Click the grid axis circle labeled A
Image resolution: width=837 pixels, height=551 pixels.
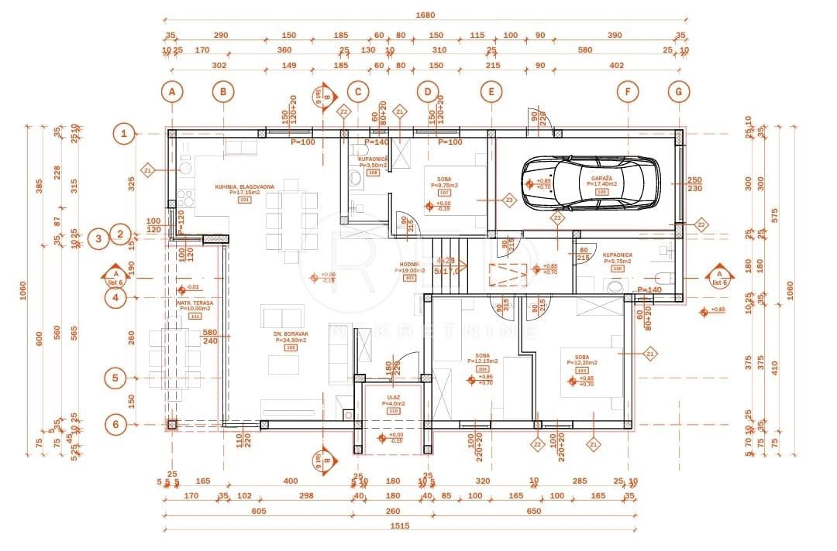pyautogui.click(x=172, y=91)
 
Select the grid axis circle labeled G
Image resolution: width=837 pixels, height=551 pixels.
pyautogui.click(x=678, y=91)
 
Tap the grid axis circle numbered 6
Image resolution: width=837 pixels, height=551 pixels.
pyautogui.click(x=115, y=424)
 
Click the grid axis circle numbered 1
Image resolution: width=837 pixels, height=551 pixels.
pyautogui.click(x=123, y=133)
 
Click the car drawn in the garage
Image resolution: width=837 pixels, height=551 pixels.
pyautogui.click(x=590, y=183)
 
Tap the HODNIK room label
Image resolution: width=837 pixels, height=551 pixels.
pyautogui.click(x=410, y=264)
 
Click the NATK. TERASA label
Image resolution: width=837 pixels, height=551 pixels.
pyautogui.click(x=194, y=303)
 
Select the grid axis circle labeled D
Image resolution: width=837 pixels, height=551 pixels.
pyautogui.click(x=427, y=91)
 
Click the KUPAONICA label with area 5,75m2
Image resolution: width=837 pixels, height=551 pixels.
pyautogui.click(x=617, y=255)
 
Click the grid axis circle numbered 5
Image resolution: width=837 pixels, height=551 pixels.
pyautogui.click(x=115, y=378)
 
